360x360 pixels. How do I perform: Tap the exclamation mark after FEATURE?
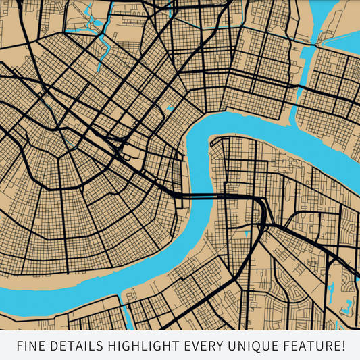click(x=342, y=346)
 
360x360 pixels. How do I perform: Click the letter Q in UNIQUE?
click(x=262, y=346)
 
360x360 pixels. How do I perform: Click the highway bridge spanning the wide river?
click(x=203, y=196)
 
